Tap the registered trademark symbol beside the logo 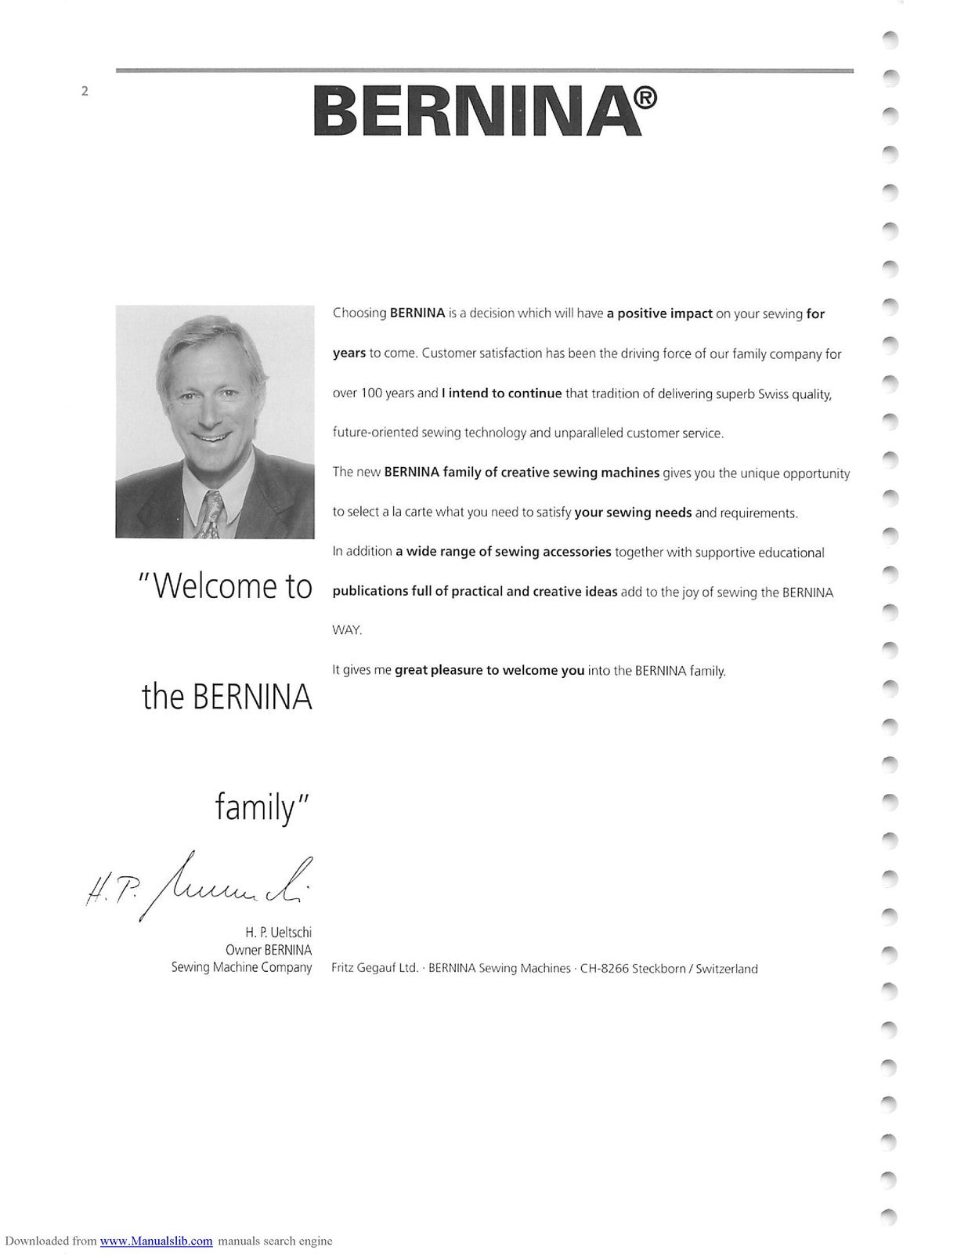(645, 99)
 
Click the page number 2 (85, 91)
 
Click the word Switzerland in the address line (726, 969)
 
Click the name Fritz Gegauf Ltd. (374, 969)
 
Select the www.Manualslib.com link (156, 1241)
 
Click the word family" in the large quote (263, 807)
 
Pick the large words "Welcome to (226, 586)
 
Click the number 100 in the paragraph (370, 393)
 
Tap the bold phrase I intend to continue (501, 393)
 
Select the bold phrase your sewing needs (633, 513)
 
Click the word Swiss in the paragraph (773, 393)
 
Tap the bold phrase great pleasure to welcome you (489, 671)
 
